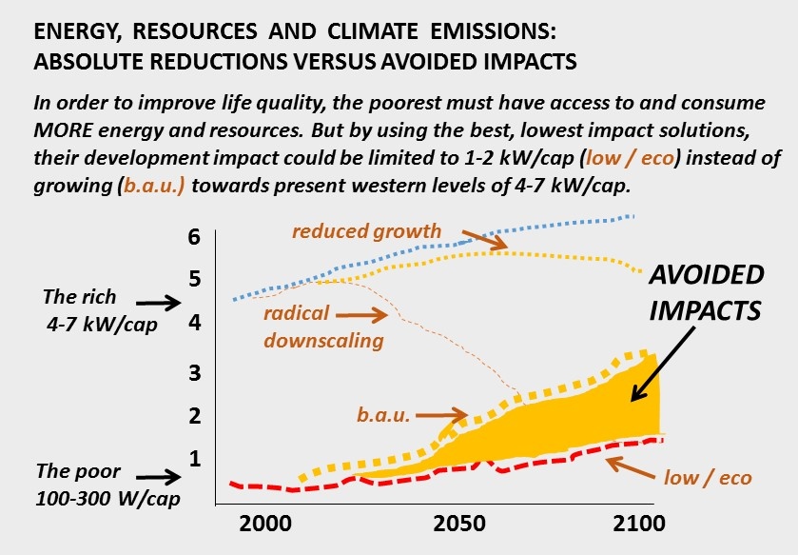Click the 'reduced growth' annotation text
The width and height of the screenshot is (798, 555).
tap(366, 231)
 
